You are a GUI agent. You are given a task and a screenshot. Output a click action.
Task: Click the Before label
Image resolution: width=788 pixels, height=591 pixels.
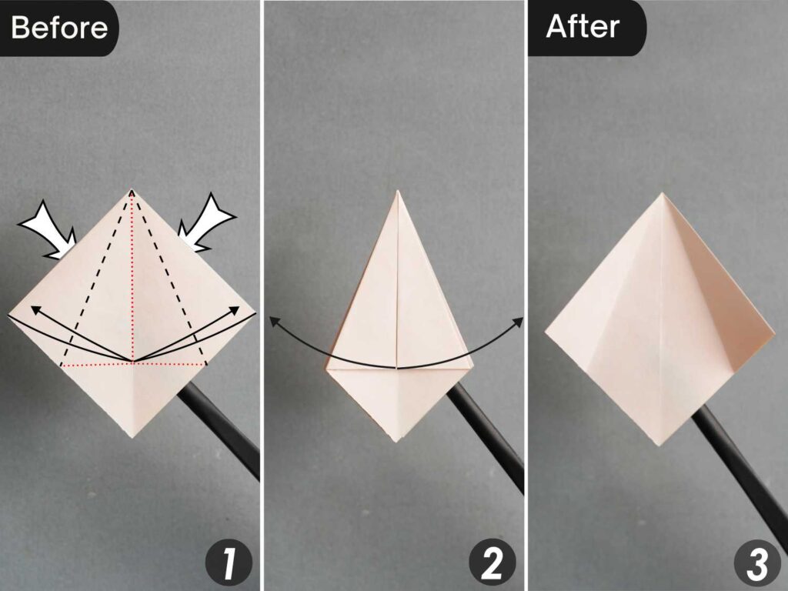[58, 28]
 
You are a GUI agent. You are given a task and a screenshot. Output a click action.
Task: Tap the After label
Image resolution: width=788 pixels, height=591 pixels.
[583, 27]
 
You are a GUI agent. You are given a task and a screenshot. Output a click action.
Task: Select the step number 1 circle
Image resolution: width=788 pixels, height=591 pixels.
[229, 564]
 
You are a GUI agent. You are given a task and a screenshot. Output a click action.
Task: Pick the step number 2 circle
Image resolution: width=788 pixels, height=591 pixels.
[492, 564]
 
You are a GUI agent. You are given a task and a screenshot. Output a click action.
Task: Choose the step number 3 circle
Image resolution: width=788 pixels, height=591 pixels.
[756, 564]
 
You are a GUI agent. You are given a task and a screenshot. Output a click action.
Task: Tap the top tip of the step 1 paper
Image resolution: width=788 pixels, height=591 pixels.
[132, 189]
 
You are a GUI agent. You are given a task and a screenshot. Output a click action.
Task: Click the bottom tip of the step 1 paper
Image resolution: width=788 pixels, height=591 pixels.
[132, 437]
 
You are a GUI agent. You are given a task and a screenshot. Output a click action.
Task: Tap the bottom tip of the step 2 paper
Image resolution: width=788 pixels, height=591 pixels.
[396, 441]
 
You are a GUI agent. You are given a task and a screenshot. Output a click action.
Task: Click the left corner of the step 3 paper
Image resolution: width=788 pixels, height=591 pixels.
[546, 332]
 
